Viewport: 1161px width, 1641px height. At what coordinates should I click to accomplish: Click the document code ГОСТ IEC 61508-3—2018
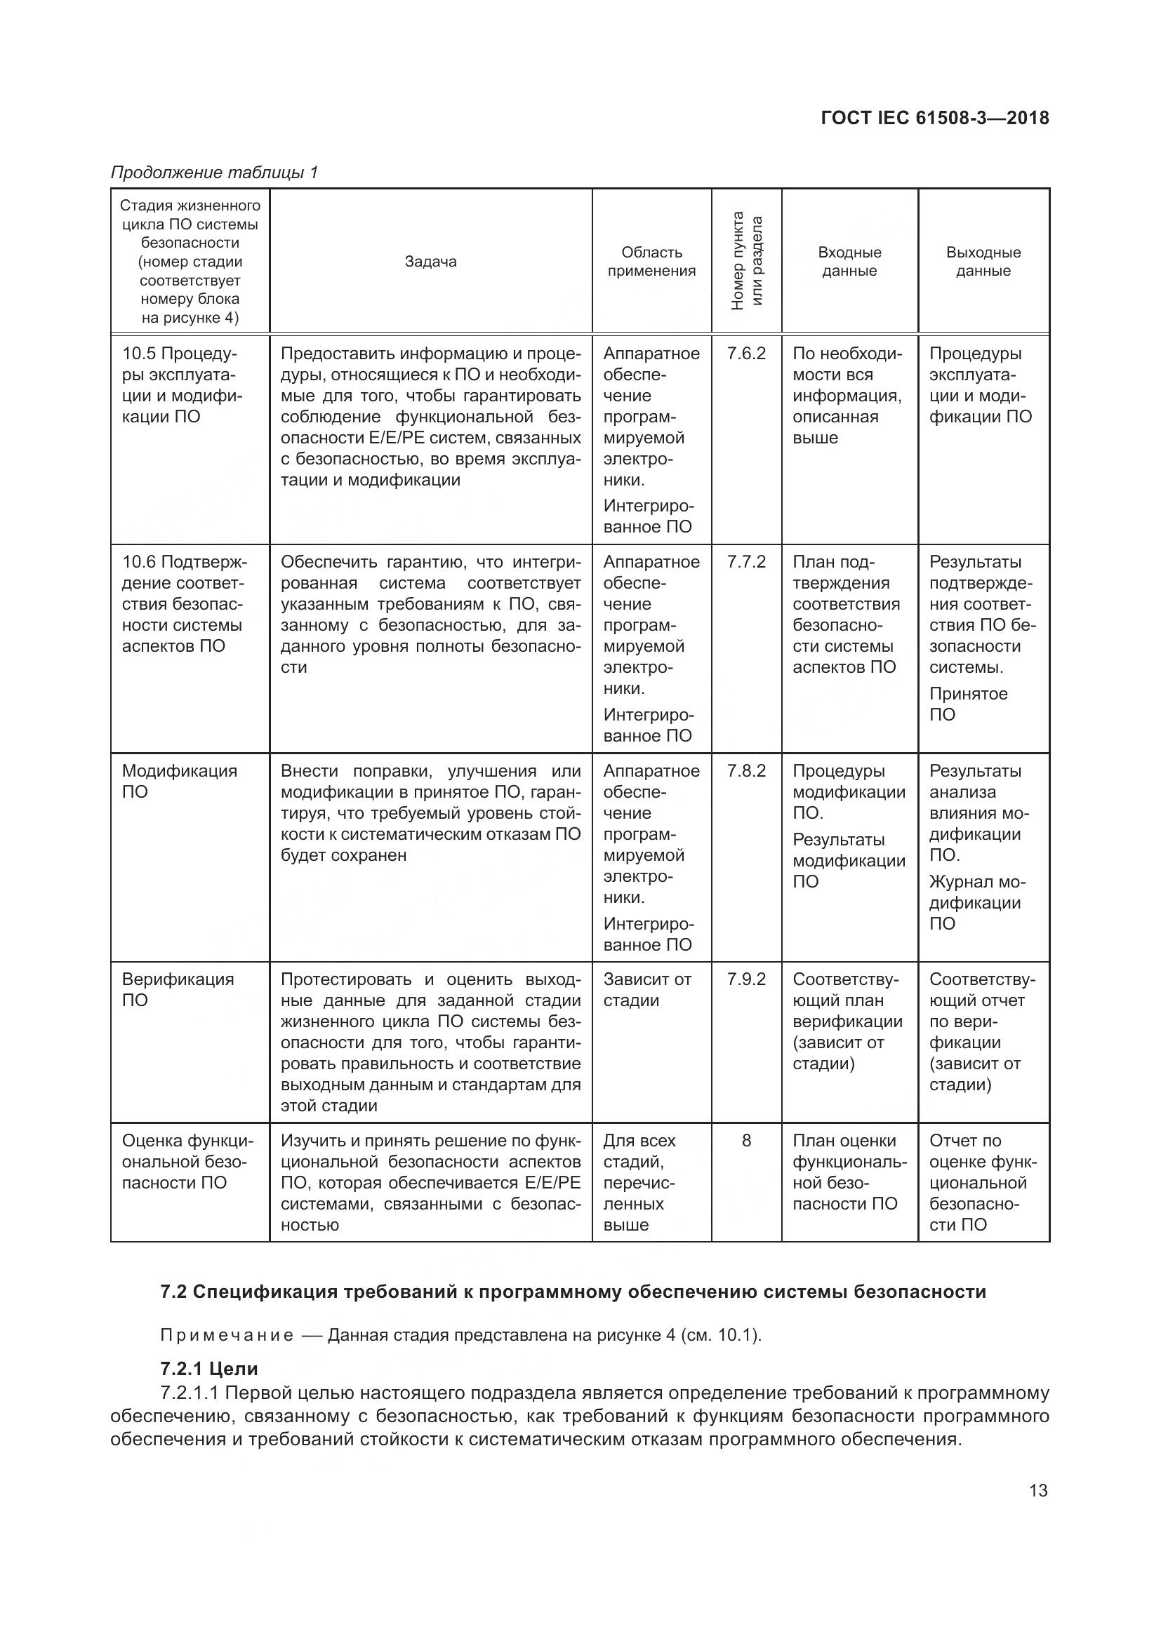click(935, 118)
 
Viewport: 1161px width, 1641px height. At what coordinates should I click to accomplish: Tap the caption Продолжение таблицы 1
click(214, 173)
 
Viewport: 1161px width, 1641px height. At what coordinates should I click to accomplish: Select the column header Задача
click(430, 262)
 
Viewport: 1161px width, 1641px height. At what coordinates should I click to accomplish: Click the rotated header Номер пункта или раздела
click(746, 261)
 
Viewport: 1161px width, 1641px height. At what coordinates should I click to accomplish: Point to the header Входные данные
click(849, 262)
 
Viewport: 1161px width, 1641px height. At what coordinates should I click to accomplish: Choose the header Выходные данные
click(983, 262)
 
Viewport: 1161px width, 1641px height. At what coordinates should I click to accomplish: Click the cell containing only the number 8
click(746, 1141)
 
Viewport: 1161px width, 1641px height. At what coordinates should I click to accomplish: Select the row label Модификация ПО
click(179, 781)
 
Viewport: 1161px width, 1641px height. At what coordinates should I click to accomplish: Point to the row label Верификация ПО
click(178, 990)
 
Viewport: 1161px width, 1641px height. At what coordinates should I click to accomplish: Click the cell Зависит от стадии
click(647, 990)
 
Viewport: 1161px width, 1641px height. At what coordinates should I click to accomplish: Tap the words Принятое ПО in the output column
click(968, 704)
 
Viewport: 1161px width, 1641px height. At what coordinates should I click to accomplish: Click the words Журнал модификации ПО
click(976, 903)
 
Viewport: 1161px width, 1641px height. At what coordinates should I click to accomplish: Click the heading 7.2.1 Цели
click(208, 1369)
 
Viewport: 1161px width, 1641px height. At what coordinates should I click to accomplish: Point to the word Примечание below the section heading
click(227, 1336)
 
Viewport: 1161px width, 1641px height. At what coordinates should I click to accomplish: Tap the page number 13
click(1037, 1490)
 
